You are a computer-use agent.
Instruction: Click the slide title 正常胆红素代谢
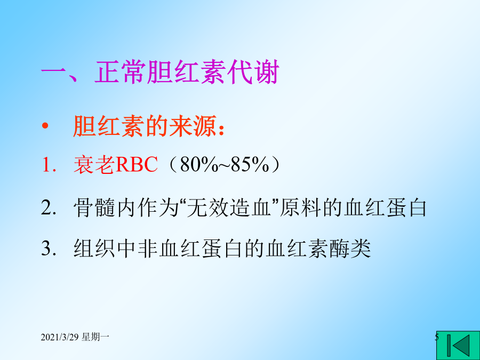point(187,72)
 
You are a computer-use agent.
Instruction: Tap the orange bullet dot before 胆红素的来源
point(45,126)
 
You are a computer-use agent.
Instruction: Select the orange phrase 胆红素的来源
point(145,126)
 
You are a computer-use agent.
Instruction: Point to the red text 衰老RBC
point(115,165)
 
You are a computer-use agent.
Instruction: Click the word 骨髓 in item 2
point(94,207)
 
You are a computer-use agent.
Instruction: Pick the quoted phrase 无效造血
point(229,207)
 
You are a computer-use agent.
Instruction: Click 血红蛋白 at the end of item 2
point(385,207)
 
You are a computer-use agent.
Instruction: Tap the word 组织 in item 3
point(94,247)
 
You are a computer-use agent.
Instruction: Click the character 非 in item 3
point(148,247)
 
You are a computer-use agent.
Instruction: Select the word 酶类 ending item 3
point(350,247)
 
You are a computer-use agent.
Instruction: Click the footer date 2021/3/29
point(60,338)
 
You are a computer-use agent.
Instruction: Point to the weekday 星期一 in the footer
point(95,338)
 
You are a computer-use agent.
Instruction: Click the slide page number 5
point(437,338)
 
